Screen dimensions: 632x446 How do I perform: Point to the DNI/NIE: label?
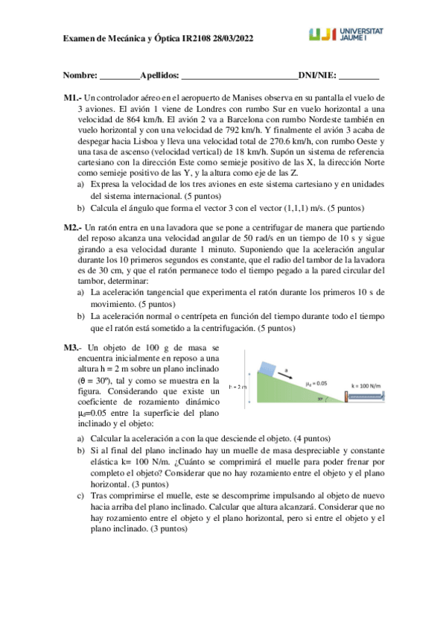click(316, 76)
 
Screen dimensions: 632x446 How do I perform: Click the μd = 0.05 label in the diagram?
click(316, 382)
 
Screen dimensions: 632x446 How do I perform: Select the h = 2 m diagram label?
click(239, 386)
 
